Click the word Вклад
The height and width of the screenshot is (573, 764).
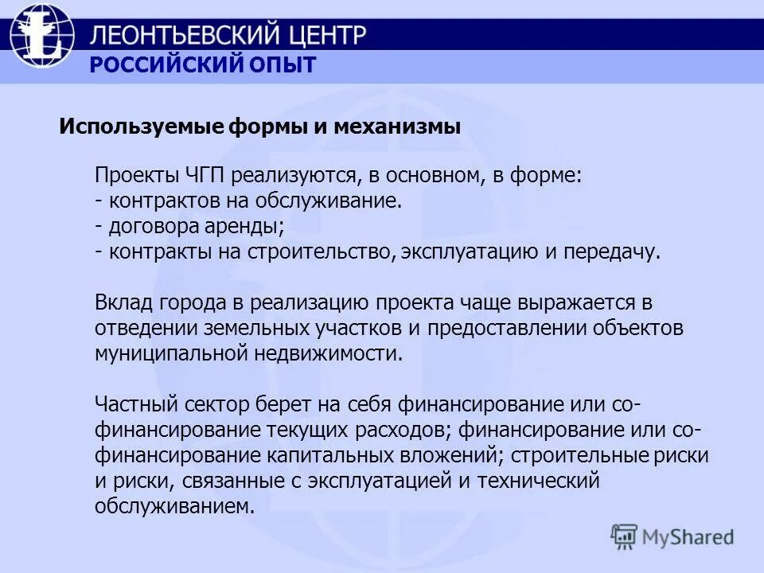[x=120, y=302]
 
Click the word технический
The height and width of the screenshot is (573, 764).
[x=542, y=481]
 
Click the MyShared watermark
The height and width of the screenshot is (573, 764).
[x=673, y=536]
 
